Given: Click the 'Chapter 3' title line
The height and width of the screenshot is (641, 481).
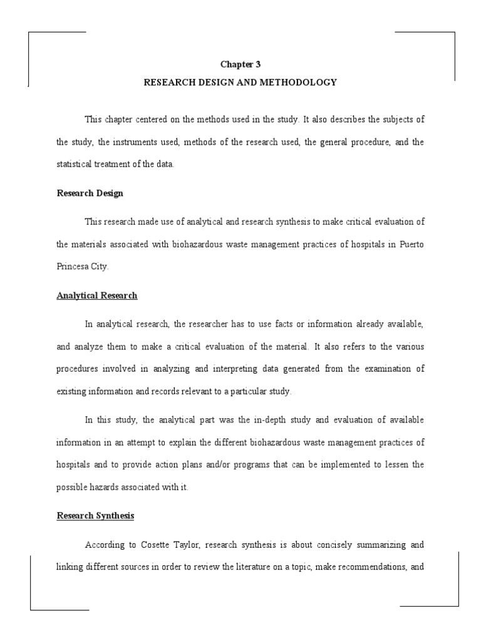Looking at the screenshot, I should (x=240, y=64).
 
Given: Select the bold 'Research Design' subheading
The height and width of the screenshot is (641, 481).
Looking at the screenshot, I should (x=90, y=193).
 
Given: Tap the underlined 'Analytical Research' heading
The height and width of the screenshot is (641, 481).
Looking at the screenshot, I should (x=97, y=295).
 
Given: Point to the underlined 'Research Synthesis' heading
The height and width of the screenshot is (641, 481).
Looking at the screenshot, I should (x=95, y=516).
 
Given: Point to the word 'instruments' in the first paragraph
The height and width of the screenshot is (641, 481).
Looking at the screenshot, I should (x=144, y=142).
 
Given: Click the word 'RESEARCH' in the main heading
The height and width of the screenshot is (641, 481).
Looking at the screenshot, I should (x=169, y=82).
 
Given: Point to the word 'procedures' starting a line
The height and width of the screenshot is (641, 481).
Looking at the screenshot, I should (x=77, y=369).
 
